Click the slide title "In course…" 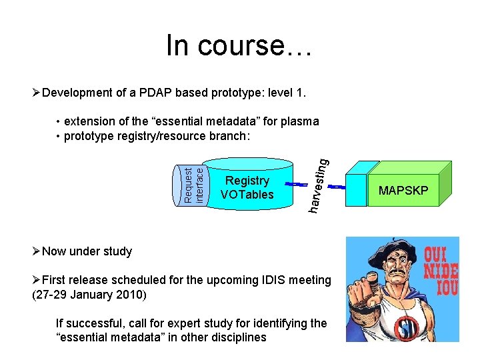click(x=239, y=45)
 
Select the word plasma click(x=299, y=121)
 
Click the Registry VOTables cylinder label click(x=247, y=187)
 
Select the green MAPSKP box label click(x=403, y=191)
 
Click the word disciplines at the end click(x=237, y=337)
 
